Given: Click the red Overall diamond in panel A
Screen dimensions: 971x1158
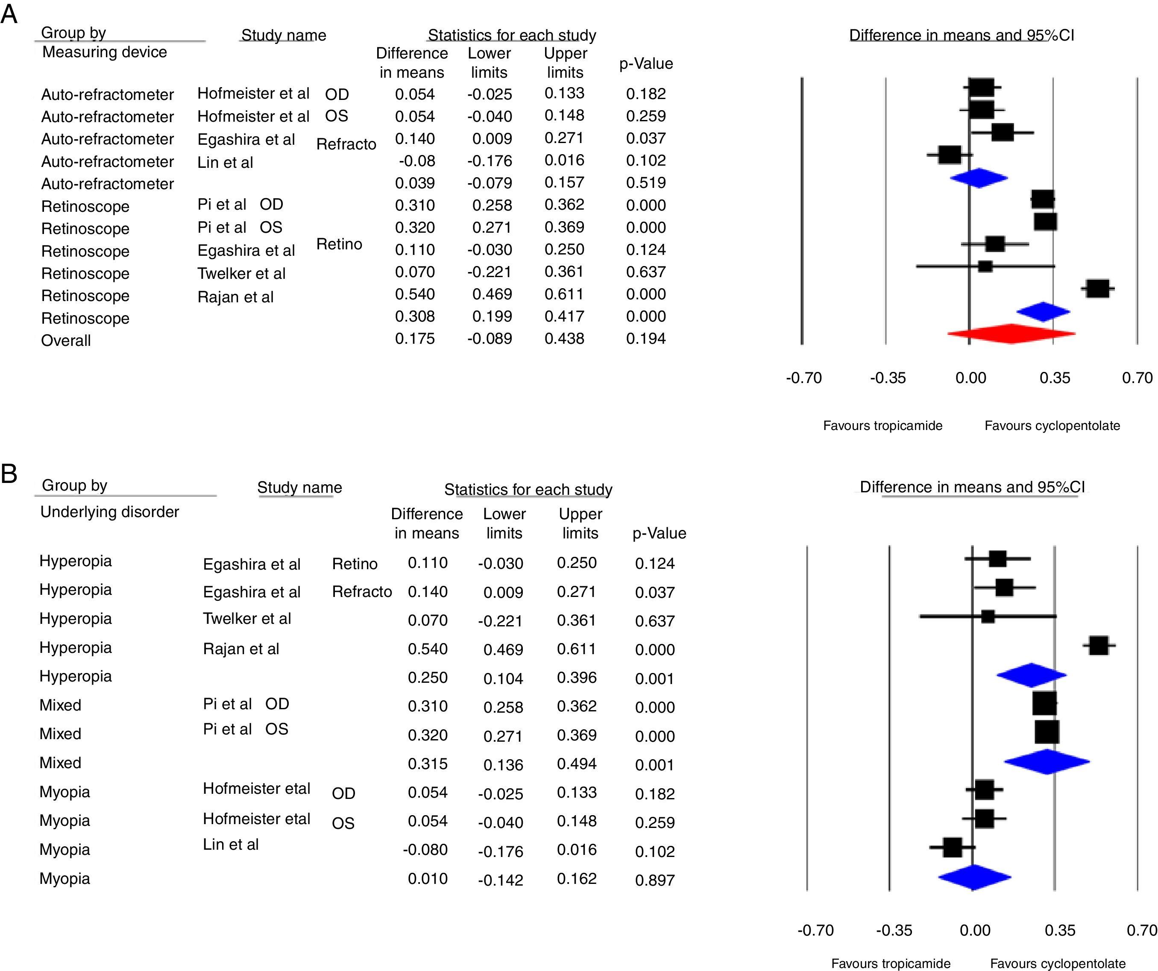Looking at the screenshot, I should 1011,333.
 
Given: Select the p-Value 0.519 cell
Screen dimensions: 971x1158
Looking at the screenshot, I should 646,182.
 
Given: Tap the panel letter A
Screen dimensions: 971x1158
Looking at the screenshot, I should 9,14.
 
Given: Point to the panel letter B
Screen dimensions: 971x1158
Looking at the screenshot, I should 9,473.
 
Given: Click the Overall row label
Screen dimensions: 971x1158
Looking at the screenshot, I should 66,340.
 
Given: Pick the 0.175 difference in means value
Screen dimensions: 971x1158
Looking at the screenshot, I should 415,339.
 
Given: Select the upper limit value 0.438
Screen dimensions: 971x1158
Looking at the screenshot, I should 564,339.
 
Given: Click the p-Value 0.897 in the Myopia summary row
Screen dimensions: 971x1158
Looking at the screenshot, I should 654,880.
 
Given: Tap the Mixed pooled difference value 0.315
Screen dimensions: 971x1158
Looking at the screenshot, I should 427,763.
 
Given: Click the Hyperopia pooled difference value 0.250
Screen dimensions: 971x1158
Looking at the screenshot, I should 427,677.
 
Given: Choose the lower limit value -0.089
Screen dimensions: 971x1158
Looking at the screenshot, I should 490,339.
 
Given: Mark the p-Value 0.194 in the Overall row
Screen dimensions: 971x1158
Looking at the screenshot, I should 646,339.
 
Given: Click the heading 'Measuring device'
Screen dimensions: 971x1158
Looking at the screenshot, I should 104,52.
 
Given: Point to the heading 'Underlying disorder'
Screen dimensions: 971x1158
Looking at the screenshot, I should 109,512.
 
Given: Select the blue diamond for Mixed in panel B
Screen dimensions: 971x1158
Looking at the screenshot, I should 1047,762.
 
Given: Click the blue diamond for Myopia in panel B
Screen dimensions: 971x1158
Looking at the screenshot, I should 974,877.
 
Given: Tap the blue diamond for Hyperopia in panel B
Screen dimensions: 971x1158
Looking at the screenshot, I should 1031,676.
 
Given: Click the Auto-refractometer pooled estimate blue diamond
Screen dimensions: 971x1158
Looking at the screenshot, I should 979,178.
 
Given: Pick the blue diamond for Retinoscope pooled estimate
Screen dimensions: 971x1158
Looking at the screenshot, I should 1043,312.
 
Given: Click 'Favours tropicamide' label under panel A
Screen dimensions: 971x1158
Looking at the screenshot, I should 882,426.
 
